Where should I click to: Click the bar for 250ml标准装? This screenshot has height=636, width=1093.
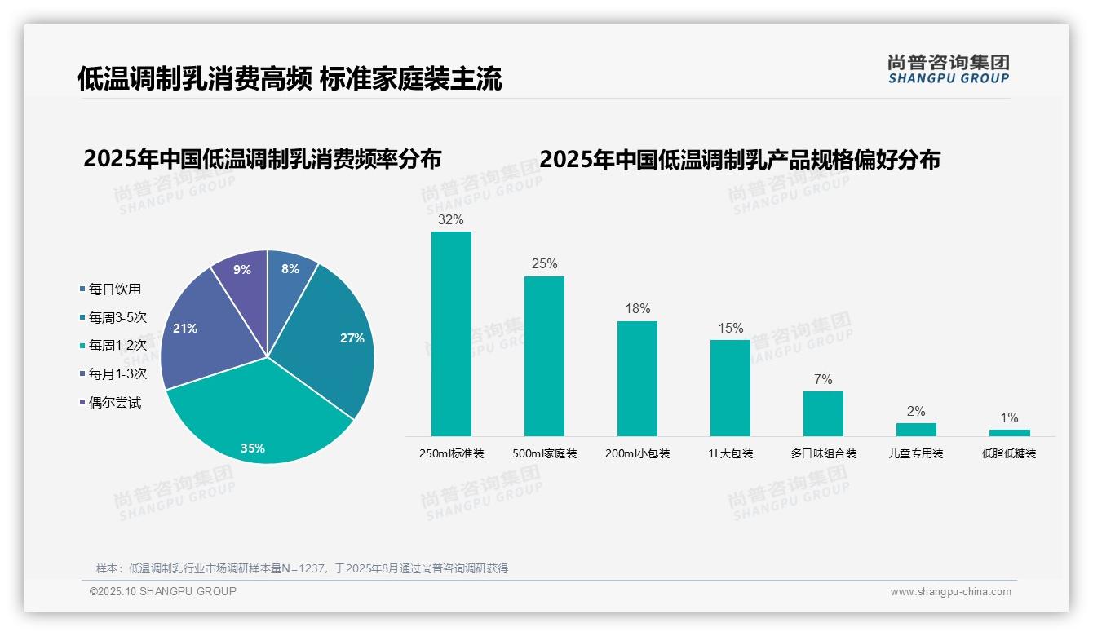451,333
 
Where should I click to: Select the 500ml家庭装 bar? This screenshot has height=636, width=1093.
544,356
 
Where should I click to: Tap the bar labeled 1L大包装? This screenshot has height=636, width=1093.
730,387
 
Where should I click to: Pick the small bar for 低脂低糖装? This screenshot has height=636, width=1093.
1009,432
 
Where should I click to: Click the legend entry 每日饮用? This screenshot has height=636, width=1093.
114,289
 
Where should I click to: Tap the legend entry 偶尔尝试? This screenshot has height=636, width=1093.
114,403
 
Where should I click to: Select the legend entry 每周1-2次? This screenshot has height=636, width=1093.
117,346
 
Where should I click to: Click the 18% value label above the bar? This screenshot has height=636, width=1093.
637,309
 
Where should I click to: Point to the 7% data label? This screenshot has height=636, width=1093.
823,380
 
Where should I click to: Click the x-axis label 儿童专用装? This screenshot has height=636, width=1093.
916,453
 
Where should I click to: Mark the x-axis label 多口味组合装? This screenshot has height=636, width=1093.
823,453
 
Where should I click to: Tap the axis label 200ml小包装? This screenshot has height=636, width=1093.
637,453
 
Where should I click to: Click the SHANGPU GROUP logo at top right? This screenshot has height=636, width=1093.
948,69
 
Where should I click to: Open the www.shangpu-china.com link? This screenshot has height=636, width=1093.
950,592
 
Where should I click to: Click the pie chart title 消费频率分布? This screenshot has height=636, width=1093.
262,159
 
